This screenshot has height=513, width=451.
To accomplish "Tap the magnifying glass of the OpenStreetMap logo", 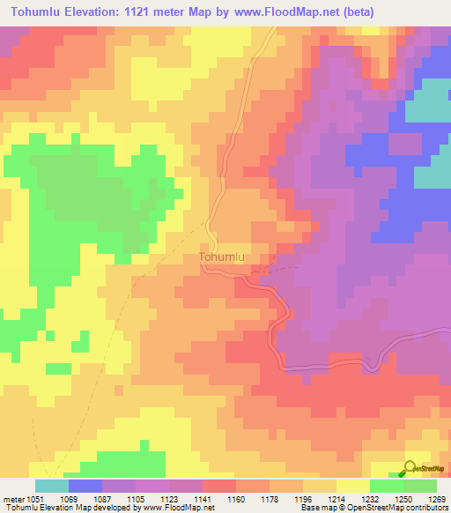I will pyautogui.click(x=410, y=468).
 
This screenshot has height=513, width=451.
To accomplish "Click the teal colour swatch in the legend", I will pyautogui.click(x=51, y=486).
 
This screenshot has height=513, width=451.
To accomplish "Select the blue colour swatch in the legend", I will pyautogui.click(x=85, y=486).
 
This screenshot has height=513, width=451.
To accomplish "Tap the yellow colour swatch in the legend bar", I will pyautogui.click(x=352, y=486).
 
